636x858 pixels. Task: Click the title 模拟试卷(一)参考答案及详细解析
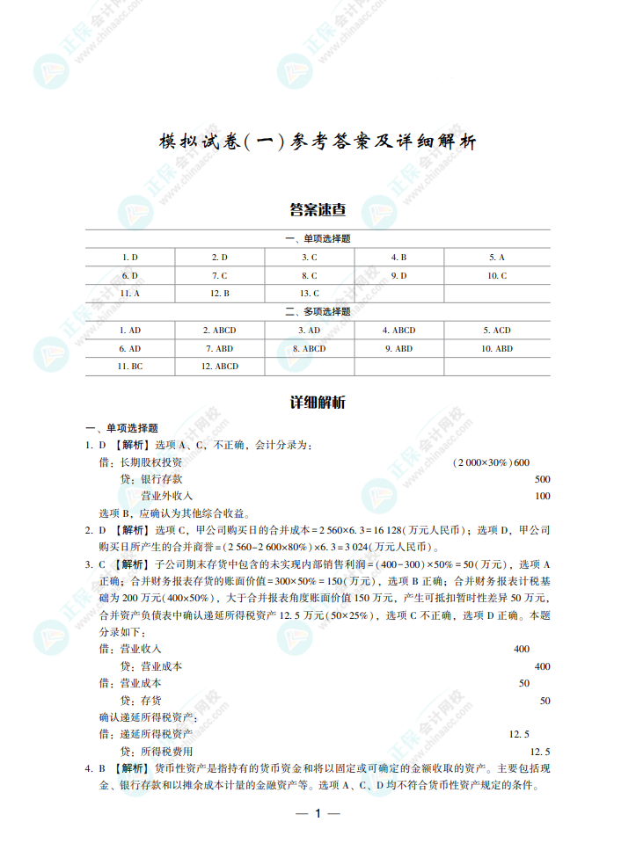tap(318, 142)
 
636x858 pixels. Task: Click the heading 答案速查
tap(318, 209)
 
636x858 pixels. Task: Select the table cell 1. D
tap(130, 258)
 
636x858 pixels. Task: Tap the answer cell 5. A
tap(497, 258)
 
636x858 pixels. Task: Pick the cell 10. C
tap(497, 276)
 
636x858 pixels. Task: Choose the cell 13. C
tap(310, 294)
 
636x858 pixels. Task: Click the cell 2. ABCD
tap(219, 331)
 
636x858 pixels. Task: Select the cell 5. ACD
tap(497, 331)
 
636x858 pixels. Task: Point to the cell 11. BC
tap(130, 367)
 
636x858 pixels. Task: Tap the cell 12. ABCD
tap(219, 367)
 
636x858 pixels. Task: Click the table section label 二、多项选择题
tap(318, 312)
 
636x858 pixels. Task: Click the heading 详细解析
tap(318, 403)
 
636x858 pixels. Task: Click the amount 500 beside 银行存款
tap(542, 479)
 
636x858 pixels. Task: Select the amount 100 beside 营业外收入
tap(542, 496)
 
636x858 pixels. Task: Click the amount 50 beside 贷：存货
tap(545, 701)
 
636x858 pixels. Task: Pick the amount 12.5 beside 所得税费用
tap(540, 752)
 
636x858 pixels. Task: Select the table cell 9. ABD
tap(398, 349)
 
